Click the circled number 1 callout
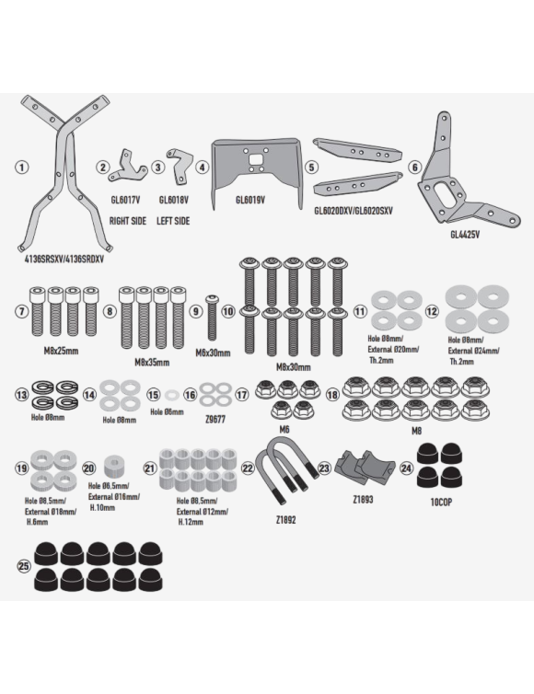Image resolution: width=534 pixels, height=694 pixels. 22,168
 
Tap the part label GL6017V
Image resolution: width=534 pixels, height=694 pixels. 126,199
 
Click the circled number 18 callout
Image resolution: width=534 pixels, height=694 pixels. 331,394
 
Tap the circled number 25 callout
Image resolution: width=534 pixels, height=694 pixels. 23,567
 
